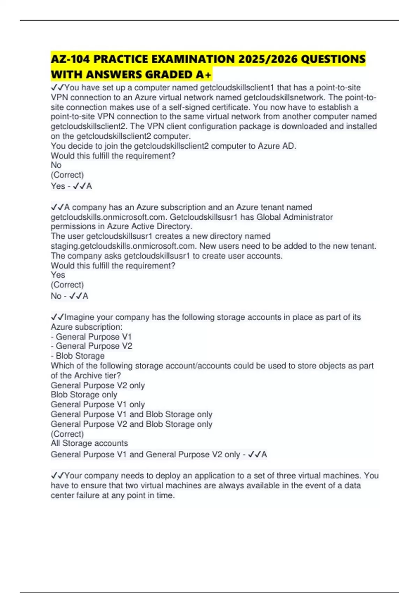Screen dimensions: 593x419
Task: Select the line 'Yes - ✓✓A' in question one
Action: point(71,186)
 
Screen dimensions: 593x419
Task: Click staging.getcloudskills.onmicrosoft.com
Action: point(123,246)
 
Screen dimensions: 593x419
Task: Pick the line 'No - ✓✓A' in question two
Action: point(69,296)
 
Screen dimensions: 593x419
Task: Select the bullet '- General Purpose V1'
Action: point(91,337)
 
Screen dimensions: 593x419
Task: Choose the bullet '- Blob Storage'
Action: point(78,356)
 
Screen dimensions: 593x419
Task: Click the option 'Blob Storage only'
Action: point(84,395)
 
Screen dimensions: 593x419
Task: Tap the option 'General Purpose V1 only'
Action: point(98,404)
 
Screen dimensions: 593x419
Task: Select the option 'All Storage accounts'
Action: point(89,443)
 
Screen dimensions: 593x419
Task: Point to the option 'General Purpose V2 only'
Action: point(98,385)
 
